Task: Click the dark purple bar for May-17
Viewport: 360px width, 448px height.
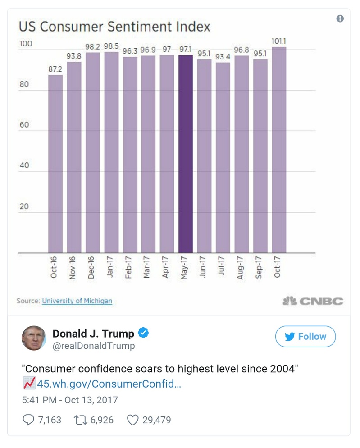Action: point(185,154)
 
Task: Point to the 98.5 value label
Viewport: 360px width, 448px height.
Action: point(111,46)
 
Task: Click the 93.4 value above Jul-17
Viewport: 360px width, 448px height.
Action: point(223,57)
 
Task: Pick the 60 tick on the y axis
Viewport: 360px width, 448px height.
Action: point(23,125)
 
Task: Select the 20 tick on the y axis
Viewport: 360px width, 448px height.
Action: point(23,206)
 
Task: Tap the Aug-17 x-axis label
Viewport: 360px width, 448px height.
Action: point(241,268)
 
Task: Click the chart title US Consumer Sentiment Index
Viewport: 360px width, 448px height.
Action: point(114,27)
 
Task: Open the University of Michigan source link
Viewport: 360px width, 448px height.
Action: point(77,301)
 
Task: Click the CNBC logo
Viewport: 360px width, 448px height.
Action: point(313,301)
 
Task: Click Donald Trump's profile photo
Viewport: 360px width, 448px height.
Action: point(34,338)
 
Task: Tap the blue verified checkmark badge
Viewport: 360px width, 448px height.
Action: point(143,334)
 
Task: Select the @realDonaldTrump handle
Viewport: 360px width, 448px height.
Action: point(94,346)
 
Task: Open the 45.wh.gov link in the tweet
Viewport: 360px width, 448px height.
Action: point(109,384)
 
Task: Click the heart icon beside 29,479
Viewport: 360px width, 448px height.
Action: point(132,420)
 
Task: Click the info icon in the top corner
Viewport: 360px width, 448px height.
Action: point(340,18)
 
